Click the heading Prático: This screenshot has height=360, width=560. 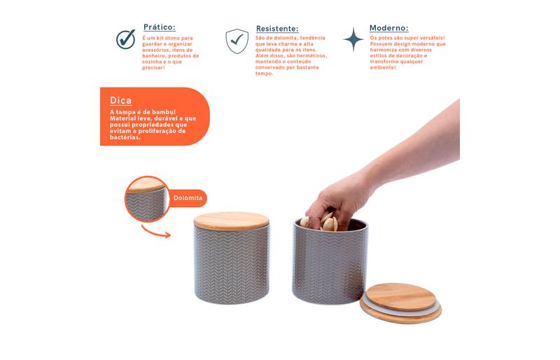tap(160, 27)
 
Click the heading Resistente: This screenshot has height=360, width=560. tap(277, 29)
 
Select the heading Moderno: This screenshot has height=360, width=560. tap(389, 28)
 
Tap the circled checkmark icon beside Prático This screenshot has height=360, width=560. tap(126, 39)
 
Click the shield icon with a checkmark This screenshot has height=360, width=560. tap(237, 41)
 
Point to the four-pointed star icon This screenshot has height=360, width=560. tap(353, 39)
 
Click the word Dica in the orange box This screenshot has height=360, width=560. tap(120, 100)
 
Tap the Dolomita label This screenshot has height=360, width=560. tap(188, 198)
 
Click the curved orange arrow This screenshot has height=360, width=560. tap(155, 233)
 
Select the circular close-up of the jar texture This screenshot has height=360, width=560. tap(147, 199)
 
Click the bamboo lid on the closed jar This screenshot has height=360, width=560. tap(232, 221)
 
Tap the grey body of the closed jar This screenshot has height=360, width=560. tap(232, 265)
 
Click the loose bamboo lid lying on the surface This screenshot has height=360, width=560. tap(400, 303)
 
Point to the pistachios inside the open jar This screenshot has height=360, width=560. tap(321, 222)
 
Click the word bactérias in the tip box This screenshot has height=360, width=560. tap(125, 137)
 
